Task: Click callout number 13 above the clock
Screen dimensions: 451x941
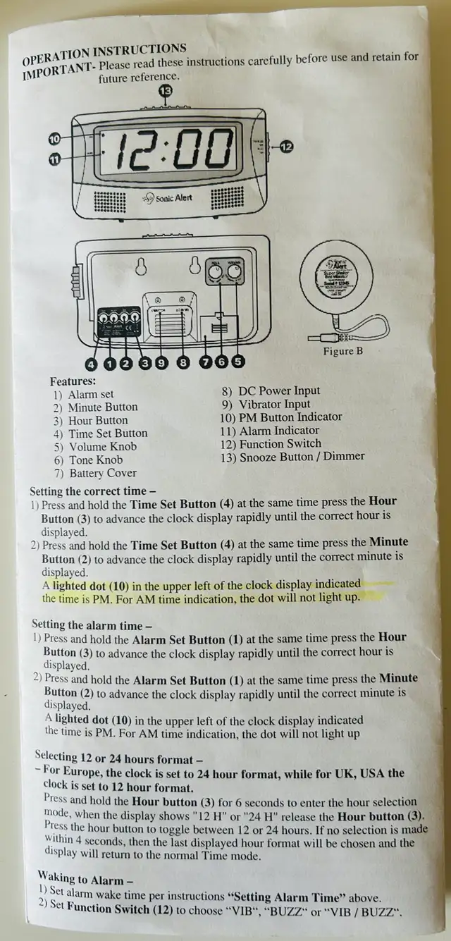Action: [166, 90]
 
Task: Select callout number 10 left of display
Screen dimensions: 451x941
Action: [54, 138]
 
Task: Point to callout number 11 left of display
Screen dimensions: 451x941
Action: [54, 159]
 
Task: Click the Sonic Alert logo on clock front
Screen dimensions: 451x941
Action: [167, 198]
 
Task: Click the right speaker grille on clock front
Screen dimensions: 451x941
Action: [227, 197]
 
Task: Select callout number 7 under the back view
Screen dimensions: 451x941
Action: [206, 362]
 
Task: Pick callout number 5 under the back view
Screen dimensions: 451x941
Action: [238, 362]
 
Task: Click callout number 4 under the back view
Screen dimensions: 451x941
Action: [91, 364]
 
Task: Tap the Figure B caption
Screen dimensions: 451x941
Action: [342, 351]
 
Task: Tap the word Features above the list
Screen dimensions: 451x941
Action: [73, 381]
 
